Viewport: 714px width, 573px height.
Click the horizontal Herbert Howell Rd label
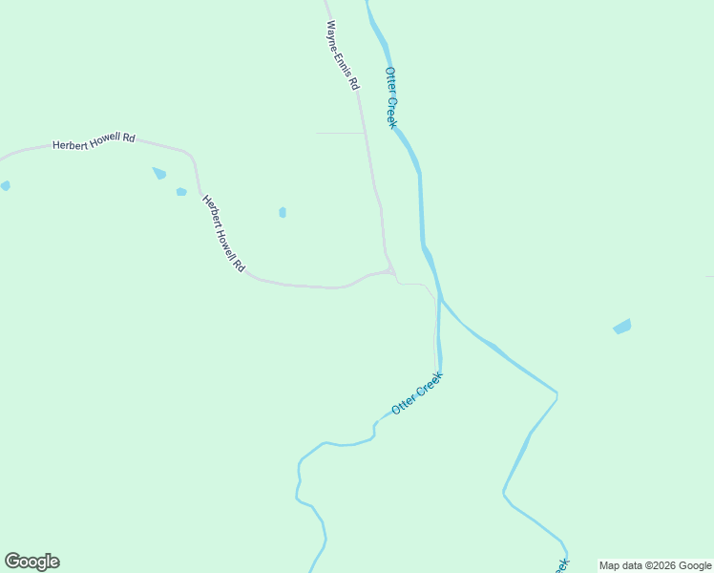tap(94, 139)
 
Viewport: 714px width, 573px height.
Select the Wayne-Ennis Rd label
tap(342, 55)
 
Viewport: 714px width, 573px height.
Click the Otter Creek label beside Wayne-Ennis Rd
tap(390, 97)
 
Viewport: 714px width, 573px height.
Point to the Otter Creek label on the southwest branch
tap(417, 393)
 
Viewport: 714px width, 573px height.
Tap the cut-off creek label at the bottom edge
tap(561, 565)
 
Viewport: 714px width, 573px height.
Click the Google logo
tap(31, 562)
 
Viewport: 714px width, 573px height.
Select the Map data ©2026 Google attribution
tap(655, 565)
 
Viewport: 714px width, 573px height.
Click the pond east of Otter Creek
tap(622, 327)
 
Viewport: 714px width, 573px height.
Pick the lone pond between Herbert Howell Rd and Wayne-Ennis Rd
tap(283, 212)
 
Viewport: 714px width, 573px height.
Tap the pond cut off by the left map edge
tap(5, 185)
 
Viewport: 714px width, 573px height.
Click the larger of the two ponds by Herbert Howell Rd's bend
tap(159, 174)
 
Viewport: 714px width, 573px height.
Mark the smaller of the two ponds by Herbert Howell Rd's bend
tap(181, 192)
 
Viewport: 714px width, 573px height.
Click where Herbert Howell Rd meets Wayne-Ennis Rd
tap(390, 271)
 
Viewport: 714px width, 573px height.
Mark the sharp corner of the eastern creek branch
tap(556, 393)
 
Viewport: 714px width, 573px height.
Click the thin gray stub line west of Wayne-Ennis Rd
tap(339, 133)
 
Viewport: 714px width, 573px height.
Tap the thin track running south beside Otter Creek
tap(435, 329)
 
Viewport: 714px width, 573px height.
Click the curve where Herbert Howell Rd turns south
tap(194, 159)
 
